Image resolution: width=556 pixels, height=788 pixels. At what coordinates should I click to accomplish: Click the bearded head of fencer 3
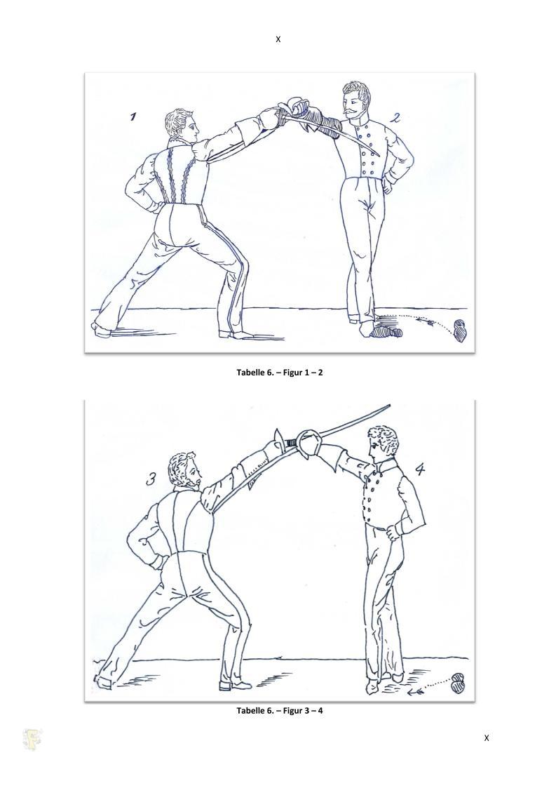(185, 471)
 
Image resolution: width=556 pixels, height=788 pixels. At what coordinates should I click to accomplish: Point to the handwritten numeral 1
(133, 116)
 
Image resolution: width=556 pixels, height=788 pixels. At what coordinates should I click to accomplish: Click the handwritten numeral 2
(396, 118)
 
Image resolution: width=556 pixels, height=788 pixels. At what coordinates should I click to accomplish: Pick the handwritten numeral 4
(420, 469)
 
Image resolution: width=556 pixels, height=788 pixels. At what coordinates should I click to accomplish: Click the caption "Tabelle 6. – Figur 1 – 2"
(279, 373)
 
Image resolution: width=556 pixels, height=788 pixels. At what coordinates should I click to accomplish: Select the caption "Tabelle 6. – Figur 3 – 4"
(279, 710)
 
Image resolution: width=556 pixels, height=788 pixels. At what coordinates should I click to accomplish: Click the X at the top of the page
(278, 39)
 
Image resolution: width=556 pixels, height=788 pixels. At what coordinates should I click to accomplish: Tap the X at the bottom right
(486, 738)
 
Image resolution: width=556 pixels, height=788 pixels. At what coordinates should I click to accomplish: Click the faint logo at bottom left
(33, 740)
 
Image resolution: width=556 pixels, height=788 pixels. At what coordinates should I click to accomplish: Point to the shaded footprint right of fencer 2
(459, 331)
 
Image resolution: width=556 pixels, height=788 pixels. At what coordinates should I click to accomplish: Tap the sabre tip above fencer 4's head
(388, 405)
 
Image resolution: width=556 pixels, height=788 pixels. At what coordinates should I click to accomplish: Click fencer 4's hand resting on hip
(393, 532)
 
